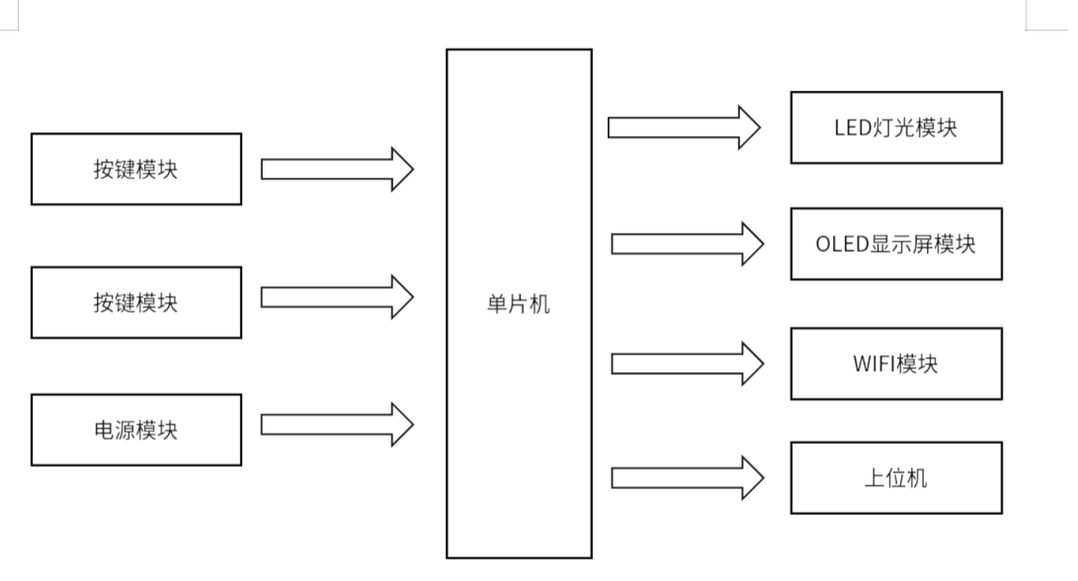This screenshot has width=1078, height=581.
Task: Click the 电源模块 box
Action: pos(136,430)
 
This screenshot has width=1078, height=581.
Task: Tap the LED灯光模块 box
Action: pos(896,127)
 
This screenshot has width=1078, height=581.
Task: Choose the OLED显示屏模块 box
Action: pos(896,244)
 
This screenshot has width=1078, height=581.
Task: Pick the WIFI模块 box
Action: pos(896,364)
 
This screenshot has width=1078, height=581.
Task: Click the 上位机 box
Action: pos(896,479)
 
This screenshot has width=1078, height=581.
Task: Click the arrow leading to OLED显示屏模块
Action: pos(687,244)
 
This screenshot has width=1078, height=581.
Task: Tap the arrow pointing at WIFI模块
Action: pos(687,364)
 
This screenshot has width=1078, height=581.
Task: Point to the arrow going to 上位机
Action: pos(687,479)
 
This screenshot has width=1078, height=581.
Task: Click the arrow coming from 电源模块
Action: pos(337,425)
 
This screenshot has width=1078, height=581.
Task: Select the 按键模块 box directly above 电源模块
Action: pos(136,302)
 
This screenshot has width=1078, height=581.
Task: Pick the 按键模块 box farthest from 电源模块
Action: pos(136,169)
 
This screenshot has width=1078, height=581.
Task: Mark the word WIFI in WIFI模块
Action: pos(873,364)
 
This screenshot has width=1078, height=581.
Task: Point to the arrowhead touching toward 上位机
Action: pos(751,479)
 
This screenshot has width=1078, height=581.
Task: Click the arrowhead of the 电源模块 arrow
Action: pos(401,425)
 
